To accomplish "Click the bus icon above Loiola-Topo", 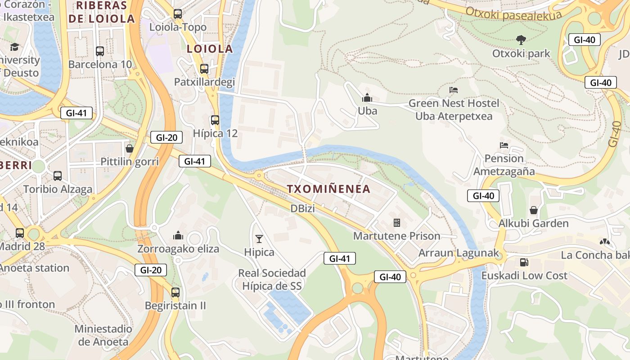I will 178,14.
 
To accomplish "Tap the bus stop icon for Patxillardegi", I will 204,69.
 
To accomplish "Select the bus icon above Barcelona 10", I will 100,51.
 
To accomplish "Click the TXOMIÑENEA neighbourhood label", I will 329,189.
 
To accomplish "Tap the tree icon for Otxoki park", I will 521,40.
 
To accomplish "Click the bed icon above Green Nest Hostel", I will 454,90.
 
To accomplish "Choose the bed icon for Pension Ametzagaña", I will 504,145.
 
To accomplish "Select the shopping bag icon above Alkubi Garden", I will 534,210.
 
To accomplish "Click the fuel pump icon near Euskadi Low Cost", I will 524,262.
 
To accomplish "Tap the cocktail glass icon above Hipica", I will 259,238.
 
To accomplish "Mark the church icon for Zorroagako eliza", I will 178,235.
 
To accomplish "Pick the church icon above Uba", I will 367,97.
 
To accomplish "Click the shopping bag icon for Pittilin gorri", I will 130,148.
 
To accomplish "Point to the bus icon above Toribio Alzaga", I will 58,176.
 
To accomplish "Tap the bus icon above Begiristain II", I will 175,292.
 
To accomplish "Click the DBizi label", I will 302,208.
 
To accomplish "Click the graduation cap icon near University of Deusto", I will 15,47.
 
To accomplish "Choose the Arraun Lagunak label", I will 459,253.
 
